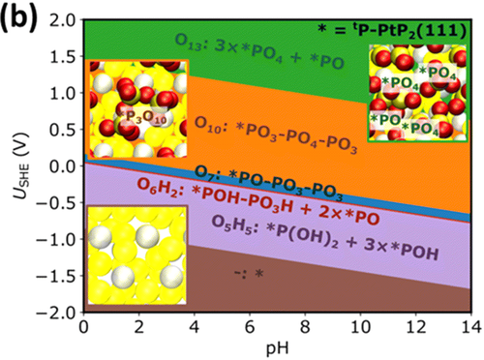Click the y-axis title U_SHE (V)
coord(22,165)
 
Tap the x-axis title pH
coord(277,349)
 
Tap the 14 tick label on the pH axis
coord(471,328)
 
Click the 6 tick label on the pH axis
coord(250,328)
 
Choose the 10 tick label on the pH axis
coord(360,328)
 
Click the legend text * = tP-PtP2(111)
coord(392,31)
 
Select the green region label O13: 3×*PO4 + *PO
coord(259,51)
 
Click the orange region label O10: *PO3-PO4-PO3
coord(276,135)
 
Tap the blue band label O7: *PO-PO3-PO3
coord(269,184)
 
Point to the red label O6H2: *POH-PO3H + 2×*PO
coord(258,201)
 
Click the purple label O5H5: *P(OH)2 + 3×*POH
coord(325,238)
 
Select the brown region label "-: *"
coord(249,274)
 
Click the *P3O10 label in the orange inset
coord(142,117)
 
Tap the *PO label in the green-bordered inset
coord(385,120)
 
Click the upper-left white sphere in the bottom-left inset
coord(100,236)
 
